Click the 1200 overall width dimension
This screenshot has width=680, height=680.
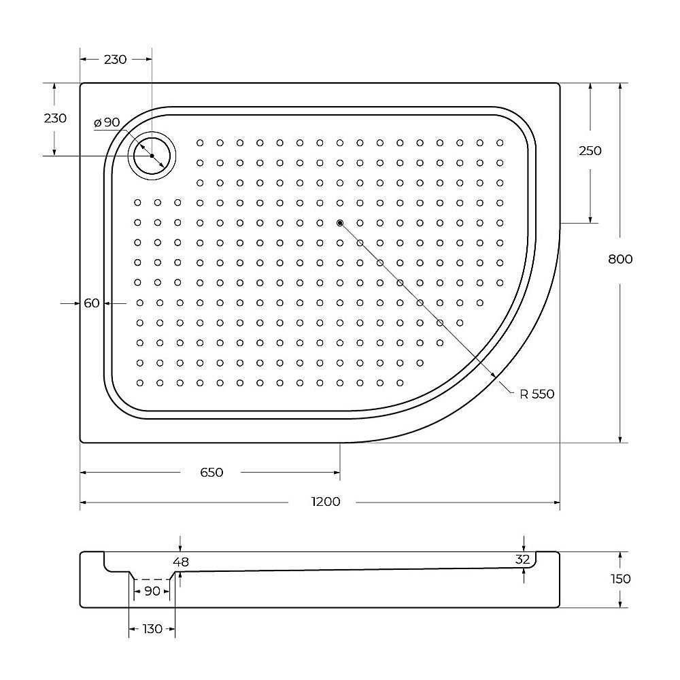point(326,503)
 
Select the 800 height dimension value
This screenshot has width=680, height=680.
point(620,259)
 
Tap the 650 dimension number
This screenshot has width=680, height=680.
point(211,473)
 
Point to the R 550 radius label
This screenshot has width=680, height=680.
point(537,394)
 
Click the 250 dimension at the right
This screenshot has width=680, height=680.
point(590,151)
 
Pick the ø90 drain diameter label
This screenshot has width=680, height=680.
point(107,122)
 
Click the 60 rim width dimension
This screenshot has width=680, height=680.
point(92,303)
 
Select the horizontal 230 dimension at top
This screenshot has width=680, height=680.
point(115,60)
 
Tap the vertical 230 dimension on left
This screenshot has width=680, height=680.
point(55,118)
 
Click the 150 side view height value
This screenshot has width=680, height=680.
point(620,579)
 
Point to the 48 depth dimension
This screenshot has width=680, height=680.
point(180,562)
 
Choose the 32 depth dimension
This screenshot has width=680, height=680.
point(522,560)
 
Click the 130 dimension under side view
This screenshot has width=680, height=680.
point(152,629)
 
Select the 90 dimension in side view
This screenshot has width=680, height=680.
point(152,591)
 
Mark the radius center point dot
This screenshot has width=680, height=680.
point(340,222)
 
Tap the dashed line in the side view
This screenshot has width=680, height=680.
point(152,579)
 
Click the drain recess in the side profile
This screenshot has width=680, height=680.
point(152,575)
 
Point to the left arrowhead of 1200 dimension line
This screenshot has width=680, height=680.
point(84,503)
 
